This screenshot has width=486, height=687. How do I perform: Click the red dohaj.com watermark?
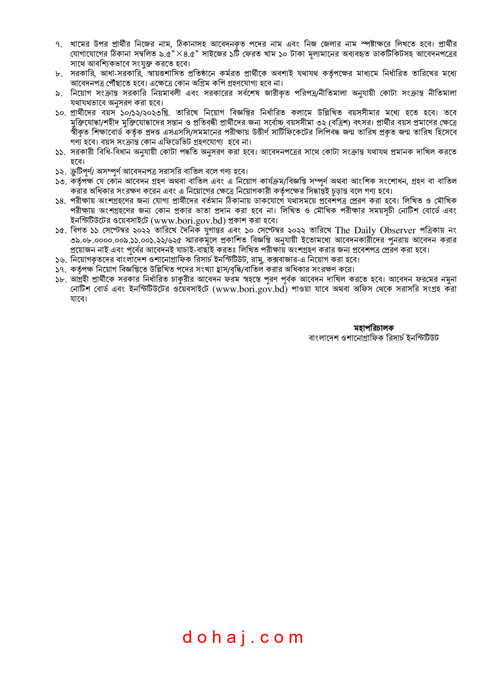click(x=243, y=637)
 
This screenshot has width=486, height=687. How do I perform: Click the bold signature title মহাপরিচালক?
click(x=373, y=328)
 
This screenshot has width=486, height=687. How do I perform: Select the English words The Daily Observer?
click(x=375, y=230)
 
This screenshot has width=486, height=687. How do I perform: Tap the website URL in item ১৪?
click(x=188, y=221)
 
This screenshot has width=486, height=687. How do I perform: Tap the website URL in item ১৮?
click(x=250, y=289)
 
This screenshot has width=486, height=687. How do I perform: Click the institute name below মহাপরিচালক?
click(x=373, y=338)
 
